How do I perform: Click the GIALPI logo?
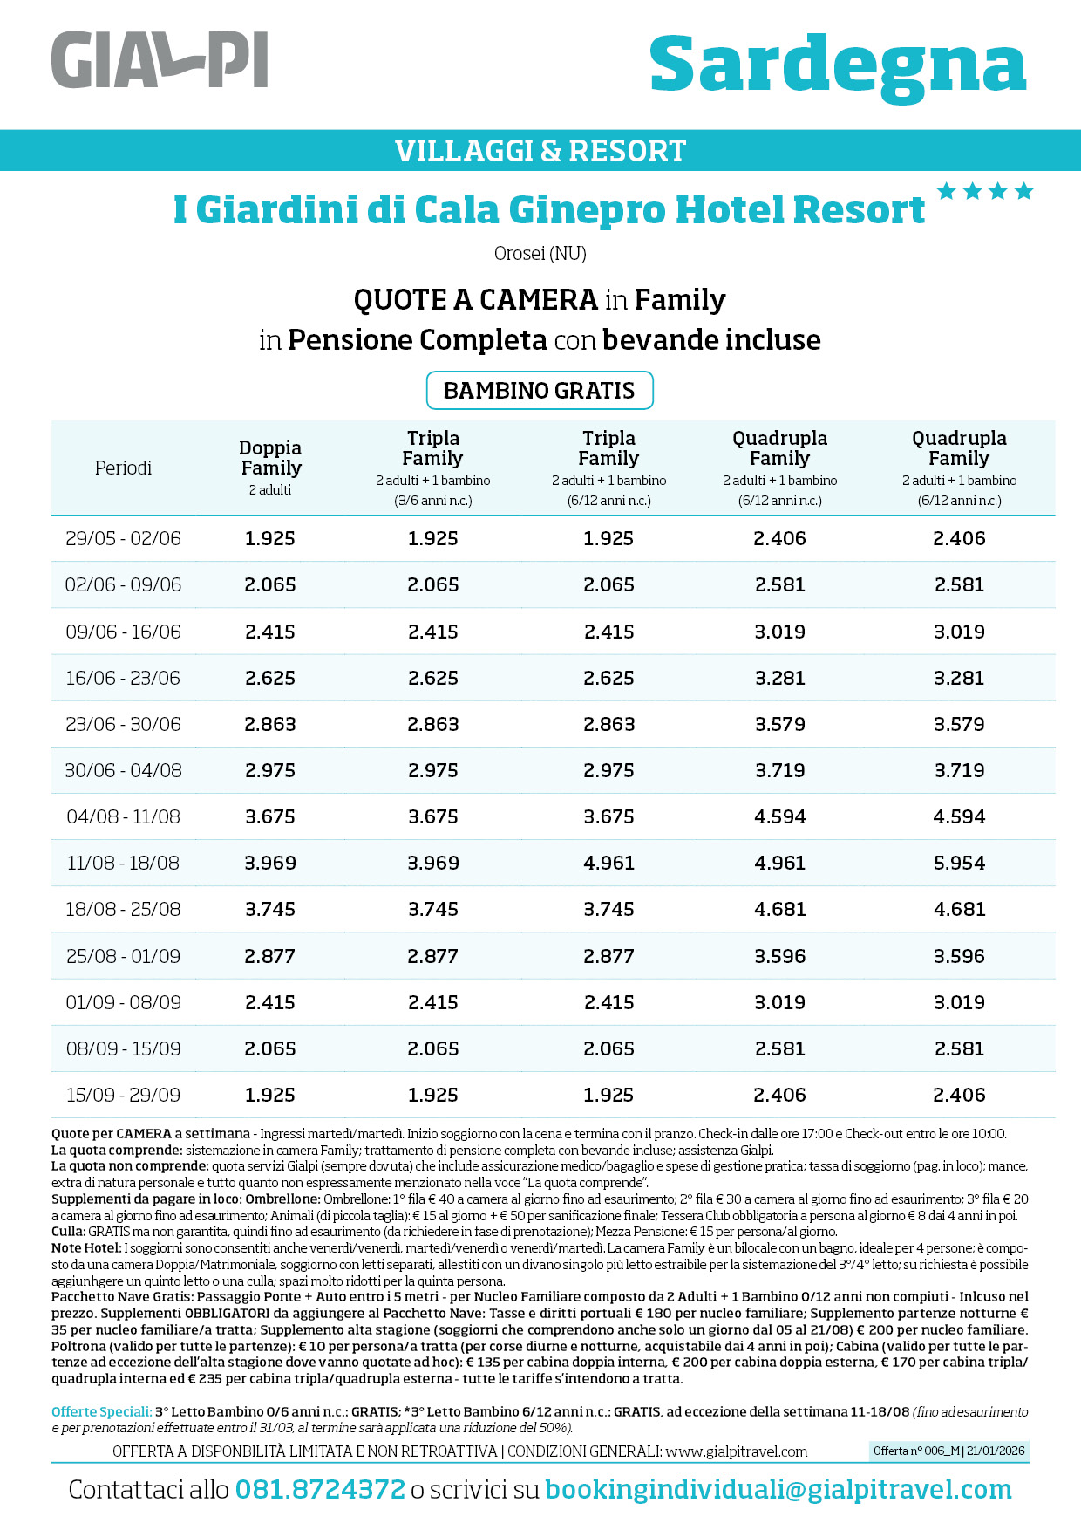160,60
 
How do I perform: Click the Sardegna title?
838,66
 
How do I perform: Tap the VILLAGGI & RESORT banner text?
540,151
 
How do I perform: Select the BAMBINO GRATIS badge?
540,390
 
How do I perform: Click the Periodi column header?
123,468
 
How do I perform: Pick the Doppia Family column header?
270,458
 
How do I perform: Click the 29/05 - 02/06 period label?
123,538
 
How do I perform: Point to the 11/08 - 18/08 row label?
123,863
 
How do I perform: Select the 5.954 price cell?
959,863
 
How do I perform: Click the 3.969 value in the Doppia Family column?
270,863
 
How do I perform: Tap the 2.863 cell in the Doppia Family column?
270,724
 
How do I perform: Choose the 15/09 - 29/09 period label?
123,1095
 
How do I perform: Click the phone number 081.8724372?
320,1489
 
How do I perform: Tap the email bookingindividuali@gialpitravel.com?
778,1489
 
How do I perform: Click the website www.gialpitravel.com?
737,1451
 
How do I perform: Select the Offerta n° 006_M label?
949,1451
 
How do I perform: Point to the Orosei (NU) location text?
540,254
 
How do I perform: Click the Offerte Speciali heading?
101,1411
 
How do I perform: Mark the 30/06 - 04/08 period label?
123,770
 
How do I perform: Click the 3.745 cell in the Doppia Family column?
270,909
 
